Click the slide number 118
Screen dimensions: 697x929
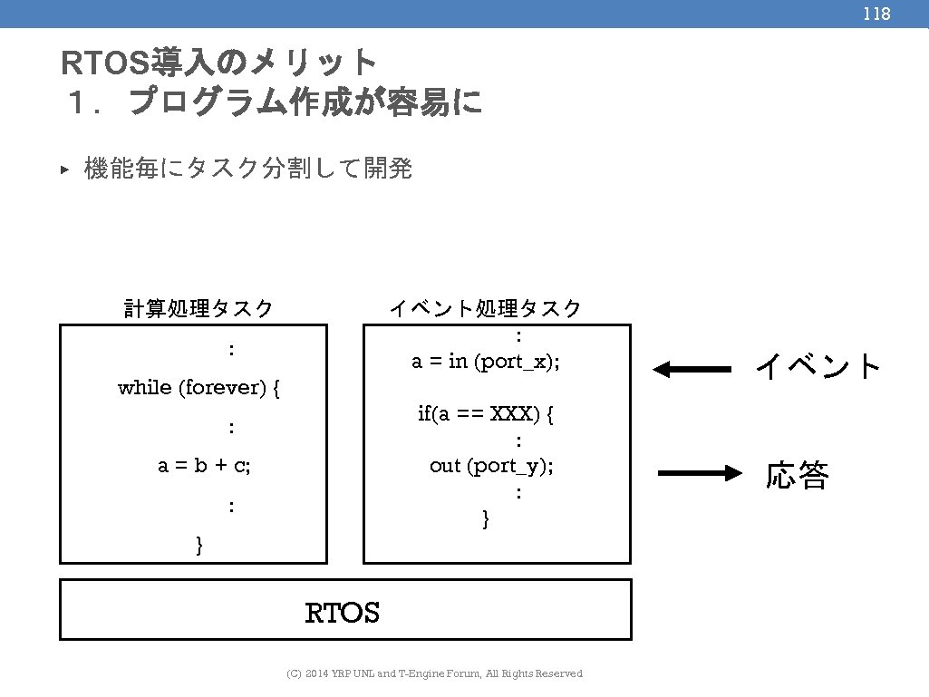coord(876,14)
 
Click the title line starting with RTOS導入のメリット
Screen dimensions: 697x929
coord(218,63)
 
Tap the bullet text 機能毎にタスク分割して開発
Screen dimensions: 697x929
coord(247,169)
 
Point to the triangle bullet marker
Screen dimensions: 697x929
coord(64,169)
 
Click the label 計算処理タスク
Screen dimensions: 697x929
coord(198,309)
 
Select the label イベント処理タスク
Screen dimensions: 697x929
coord(486,309)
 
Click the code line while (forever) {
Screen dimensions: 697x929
coord(198,388)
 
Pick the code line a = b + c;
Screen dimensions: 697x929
coord(204,466)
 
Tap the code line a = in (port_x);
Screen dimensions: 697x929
coord(486,362)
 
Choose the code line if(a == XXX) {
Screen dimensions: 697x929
coord(486,414)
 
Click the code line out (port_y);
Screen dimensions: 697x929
coord(491,466)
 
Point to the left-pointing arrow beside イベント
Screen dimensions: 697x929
coord(692,369)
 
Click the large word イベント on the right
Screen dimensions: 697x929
coord(818,367)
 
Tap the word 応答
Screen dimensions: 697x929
coord(798,475)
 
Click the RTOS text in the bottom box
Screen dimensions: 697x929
coord(343,614)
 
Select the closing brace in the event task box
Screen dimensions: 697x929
coord(486,518)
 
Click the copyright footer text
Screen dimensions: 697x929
coord(434,673)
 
